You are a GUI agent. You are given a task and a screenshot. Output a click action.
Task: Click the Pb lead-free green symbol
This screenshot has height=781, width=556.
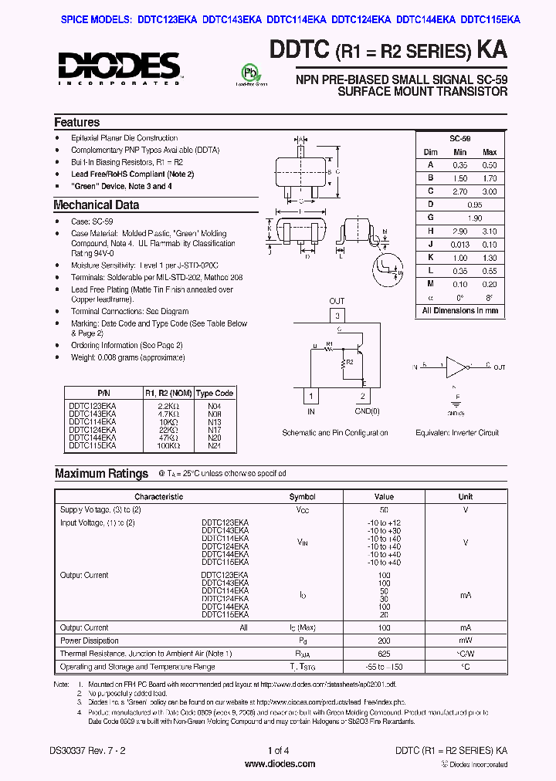249,74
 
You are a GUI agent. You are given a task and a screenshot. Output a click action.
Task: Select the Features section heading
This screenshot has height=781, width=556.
76,122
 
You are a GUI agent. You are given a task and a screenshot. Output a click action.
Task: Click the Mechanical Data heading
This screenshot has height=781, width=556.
96,205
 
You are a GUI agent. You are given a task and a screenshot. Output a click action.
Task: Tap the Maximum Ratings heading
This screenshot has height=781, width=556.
101,473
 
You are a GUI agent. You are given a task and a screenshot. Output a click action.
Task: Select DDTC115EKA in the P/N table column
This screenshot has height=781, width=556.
93,445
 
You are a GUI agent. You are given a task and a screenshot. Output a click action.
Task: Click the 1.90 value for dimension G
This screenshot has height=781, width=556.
474,218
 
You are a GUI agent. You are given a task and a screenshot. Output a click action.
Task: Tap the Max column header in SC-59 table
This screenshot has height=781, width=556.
489,152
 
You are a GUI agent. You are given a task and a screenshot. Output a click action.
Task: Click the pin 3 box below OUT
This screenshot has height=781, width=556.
337,316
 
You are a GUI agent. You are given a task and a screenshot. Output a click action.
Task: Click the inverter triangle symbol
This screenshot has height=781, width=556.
457,367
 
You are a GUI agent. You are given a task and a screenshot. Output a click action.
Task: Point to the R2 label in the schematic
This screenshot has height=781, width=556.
349,361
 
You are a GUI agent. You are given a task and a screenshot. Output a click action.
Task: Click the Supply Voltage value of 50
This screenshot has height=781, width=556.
383,510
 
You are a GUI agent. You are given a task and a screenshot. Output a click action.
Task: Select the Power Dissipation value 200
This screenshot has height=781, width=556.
383,641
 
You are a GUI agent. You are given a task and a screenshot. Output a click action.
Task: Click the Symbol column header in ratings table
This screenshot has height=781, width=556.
302,497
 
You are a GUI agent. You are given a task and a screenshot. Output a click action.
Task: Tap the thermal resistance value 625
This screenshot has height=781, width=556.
383,654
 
